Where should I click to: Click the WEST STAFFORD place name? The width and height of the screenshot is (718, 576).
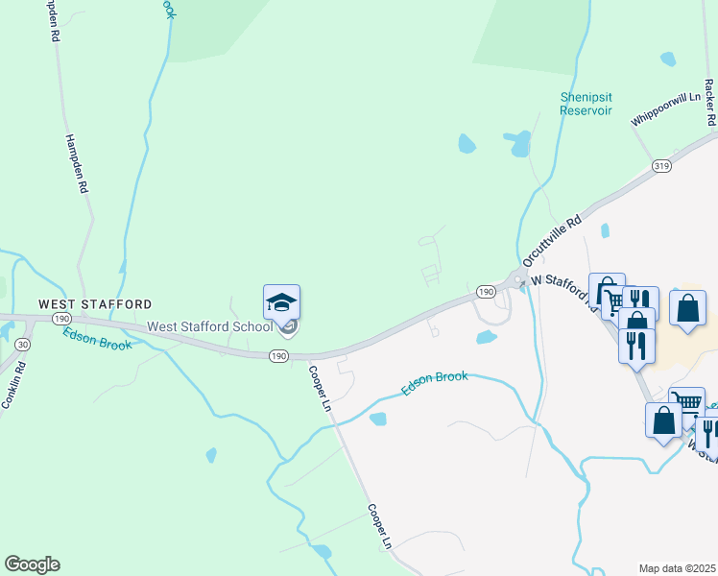pos(95,303)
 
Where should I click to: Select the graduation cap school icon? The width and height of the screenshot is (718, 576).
pos(282,302)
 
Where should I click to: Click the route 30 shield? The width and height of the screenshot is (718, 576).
pos(22,343)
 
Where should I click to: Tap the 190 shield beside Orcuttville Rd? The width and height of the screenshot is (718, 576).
pos(487,291)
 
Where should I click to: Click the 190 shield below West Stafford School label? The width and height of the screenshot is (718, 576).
pos(277,355)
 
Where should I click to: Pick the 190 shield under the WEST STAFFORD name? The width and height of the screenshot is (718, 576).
pos(62,318)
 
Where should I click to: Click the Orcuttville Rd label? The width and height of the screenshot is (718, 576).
pos(553,241)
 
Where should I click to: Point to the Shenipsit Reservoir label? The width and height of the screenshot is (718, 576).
pos(586,104)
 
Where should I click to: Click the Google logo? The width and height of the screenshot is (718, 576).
pos(32,564)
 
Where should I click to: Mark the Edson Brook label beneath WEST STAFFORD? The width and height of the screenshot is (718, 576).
pos(97,338)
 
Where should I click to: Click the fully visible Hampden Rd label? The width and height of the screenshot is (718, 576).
pos(77,164)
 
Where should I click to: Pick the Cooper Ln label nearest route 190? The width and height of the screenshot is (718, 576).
pos(320,388)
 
